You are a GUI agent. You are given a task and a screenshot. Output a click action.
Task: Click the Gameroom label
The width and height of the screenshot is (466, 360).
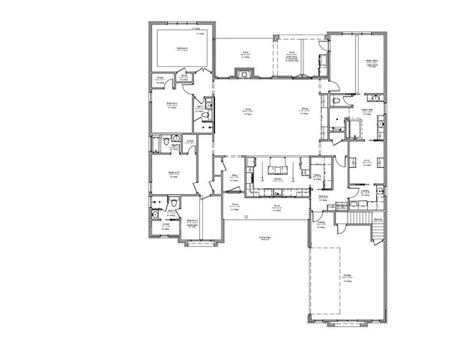pos(182,49)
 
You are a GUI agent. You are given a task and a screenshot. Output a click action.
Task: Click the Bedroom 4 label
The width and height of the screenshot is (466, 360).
pos(172,104)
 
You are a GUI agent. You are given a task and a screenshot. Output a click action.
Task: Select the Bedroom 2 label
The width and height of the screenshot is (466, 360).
pos(192,221)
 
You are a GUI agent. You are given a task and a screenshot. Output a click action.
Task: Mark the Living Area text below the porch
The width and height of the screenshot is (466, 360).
pos(264,238)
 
